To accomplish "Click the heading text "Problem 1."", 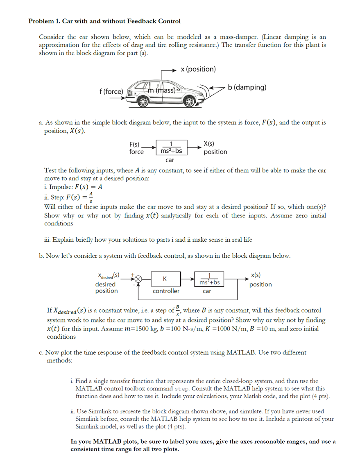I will (44, 21).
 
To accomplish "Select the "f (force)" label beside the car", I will (111, 92).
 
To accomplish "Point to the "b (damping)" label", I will (247, 87).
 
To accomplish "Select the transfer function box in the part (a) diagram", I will (171, 147).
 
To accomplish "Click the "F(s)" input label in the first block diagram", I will (134, 144).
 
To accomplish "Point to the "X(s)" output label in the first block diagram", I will (208, 144).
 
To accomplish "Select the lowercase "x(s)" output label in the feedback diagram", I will (255, 275).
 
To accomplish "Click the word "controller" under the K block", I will (166, 291).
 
